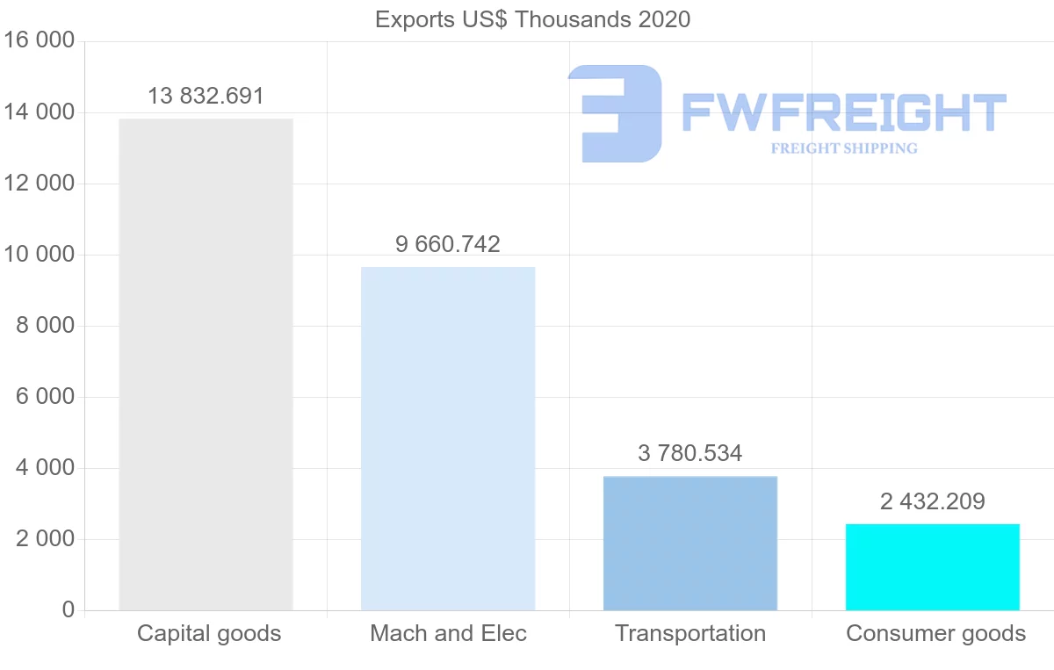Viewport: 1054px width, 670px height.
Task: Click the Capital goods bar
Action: coord(206,364)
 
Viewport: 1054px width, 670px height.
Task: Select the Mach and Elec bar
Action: coord(448,438)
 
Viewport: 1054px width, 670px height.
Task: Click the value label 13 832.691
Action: coord(206,96)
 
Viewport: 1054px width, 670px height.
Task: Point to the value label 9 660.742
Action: coord(448,244)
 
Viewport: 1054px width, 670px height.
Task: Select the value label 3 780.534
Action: coord(690,453)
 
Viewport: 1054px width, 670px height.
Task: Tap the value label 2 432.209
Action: coord(933,501)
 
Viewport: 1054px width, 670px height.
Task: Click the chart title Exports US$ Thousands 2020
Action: coord(532,19)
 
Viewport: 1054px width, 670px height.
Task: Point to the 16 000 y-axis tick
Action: coord(40,41)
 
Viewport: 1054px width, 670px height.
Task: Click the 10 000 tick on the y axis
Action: coord(40,255)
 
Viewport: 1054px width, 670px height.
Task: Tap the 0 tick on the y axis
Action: coord(69,609)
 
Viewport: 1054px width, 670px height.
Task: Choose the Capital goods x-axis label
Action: coord(209,633)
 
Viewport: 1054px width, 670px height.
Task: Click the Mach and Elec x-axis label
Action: coord(448,633)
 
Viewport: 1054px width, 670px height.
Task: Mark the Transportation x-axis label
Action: coord(690,633)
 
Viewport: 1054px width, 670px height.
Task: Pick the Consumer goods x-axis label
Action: coord(935,633)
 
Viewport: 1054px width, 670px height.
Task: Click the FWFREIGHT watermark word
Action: coord(843,112)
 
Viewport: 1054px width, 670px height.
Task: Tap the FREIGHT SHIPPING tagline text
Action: coord(843,148)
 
